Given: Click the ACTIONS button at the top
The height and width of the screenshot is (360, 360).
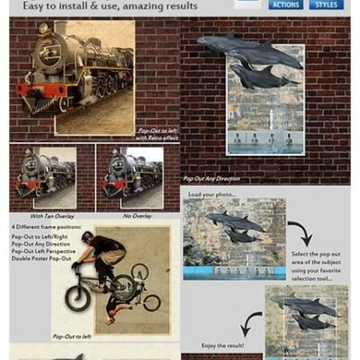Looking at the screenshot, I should [286, 4].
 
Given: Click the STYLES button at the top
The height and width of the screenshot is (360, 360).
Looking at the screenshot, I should [327, 4].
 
